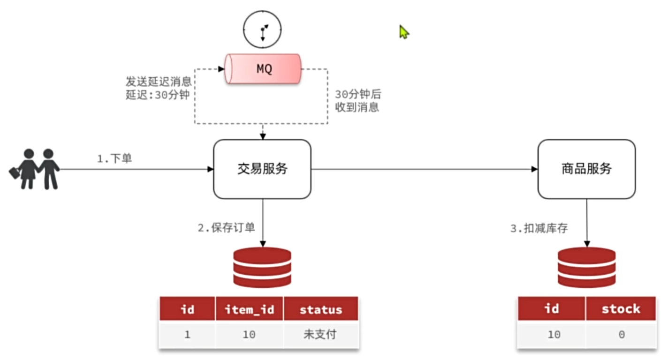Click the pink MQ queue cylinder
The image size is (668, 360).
point(263,69)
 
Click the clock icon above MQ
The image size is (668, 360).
point(262,30)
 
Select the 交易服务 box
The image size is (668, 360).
point(262,169)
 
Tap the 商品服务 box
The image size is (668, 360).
point(586,169)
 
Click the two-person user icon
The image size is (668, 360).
point(35,169)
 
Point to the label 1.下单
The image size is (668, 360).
point(114,159)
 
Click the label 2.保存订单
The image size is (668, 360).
point(226,228)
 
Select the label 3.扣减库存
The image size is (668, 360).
point(539,229)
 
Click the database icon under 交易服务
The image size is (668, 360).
point(262,267)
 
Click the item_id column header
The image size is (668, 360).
point(249,309)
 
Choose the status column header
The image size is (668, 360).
point(321,309)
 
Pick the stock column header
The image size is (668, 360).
point(621,309)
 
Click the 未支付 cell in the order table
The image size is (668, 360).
point(321,335)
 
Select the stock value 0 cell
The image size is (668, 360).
point(621,335)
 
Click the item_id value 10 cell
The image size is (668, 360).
point(249,335)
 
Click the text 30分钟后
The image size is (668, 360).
point(358,94)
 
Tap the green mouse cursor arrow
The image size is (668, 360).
point(404,32)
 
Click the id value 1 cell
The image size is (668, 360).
point(187,335)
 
